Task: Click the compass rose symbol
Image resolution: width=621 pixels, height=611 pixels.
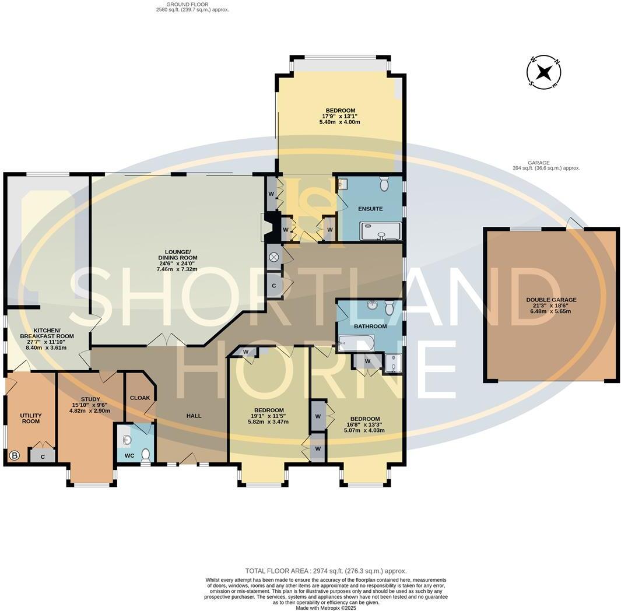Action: pyautogui.click(x=544, y=72)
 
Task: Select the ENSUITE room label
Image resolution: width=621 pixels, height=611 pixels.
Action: pyautogui.click(x=370, y=208)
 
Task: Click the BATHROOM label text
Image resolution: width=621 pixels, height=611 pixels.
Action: pyautogui.click(x=370, y=326)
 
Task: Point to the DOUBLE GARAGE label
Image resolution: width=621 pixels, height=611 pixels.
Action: pyautogui.click(x=551, y=300)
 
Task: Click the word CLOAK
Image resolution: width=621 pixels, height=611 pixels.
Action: pyautogui.click(x=140, y=398)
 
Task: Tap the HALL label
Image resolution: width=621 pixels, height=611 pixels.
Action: pyautogui.click(x=194, y=416)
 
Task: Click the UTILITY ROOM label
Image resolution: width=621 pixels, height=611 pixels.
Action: pyautogui.click(x=30, y=418)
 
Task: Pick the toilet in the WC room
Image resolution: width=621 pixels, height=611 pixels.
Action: pyautogui.click(x=146, y=455)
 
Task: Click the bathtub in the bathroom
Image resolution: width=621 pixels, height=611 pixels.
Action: pyautogui.click(x=356, y=343)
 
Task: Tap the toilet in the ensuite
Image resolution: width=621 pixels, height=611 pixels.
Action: pyautogui.click(x=384, y=184)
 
